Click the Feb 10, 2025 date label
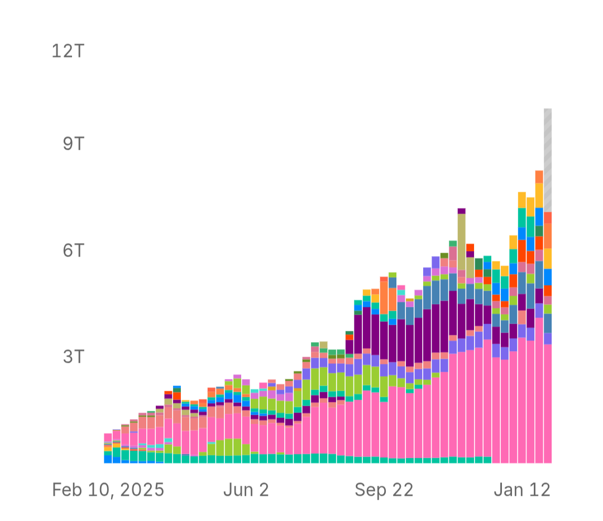tap(108, 490)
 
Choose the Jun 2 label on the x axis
tap(246, 490)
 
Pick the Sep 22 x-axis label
tap(384, 490)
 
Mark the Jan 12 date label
tap(522, 490)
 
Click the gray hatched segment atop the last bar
tap(548, 160)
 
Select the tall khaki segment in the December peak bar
tap(461, 242)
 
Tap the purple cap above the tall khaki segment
tap(461, 211)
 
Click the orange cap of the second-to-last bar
tap(539, 177)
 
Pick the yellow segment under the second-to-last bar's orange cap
tap(539, 195)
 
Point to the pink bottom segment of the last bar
tap(548, 403)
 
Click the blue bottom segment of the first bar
tap(108, 459)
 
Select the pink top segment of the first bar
tap(108, 437)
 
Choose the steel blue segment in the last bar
tap(548, 323)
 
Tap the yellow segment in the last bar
tap(548, 258)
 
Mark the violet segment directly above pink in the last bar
tap(548, 338)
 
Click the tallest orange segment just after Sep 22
tap(384, 296)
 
